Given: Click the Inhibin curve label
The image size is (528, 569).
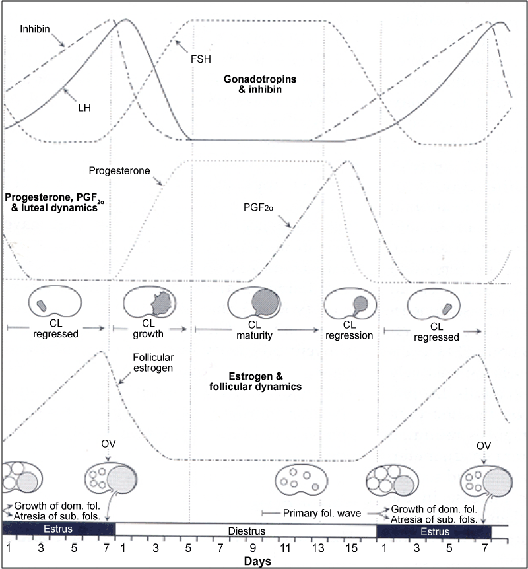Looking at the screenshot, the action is click(35, 29).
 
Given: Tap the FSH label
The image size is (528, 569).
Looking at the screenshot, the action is click(201, 59).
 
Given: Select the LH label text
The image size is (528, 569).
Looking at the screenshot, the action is click(84, 108).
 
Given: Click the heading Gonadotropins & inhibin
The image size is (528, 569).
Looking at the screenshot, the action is click(260, 84).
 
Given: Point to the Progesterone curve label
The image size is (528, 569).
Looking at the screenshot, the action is click(119, 170).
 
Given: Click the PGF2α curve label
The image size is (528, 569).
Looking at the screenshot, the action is click(258, 207).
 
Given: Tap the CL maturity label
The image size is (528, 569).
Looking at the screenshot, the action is click(254, 330).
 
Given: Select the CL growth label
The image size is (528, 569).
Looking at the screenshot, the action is click(148, 329).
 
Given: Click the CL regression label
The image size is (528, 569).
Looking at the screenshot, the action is click(349, 330).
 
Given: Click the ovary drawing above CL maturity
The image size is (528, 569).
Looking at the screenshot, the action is click(254, 302).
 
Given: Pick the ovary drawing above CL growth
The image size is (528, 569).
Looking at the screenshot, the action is click(150, 302).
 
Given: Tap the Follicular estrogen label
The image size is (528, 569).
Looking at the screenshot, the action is click(153, 362).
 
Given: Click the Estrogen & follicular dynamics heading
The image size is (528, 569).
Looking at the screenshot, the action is click(255, 382).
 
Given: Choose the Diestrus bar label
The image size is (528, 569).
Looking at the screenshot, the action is click(247, 531).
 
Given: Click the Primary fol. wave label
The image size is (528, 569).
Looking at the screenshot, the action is click(322, 513).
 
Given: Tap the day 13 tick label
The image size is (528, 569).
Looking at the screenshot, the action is click(318, 548).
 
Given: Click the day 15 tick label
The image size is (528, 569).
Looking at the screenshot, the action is click(351, 548).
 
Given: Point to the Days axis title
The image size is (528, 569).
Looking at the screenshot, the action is click(257, 561).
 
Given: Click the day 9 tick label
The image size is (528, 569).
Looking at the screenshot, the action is click(253, 548).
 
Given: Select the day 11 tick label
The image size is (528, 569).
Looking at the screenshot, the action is click(285, 548).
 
